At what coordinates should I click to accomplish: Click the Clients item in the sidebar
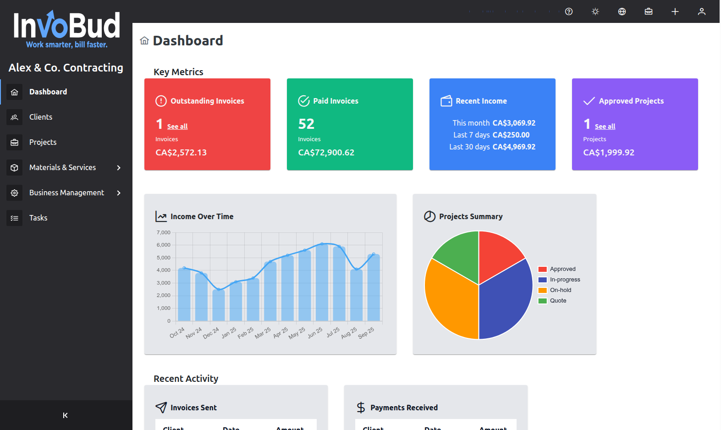[41, 117]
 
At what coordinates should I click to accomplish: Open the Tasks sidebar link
[38, 218]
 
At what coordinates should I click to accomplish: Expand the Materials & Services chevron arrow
[119, 168]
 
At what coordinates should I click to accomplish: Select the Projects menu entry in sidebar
[43, 142]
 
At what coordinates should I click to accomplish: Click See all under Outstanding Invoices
[177, 127]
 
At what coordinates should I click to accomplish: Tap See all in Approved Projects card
[605, 127]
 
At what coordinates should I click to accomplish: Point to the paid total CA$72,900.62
[326, 153]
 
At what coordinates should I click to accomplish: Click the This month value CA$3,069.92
[514, 123]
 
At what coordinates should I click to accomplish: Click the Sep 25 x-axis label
[366, 333]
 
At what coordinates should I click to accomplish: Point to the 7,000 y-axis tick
[164, 232]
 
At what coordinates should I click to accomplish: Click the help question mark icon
[569, 11]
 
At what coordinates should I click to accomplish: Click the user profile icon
[701, 11]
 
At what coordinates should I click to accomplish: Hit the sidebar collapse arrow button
[65, 415]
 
